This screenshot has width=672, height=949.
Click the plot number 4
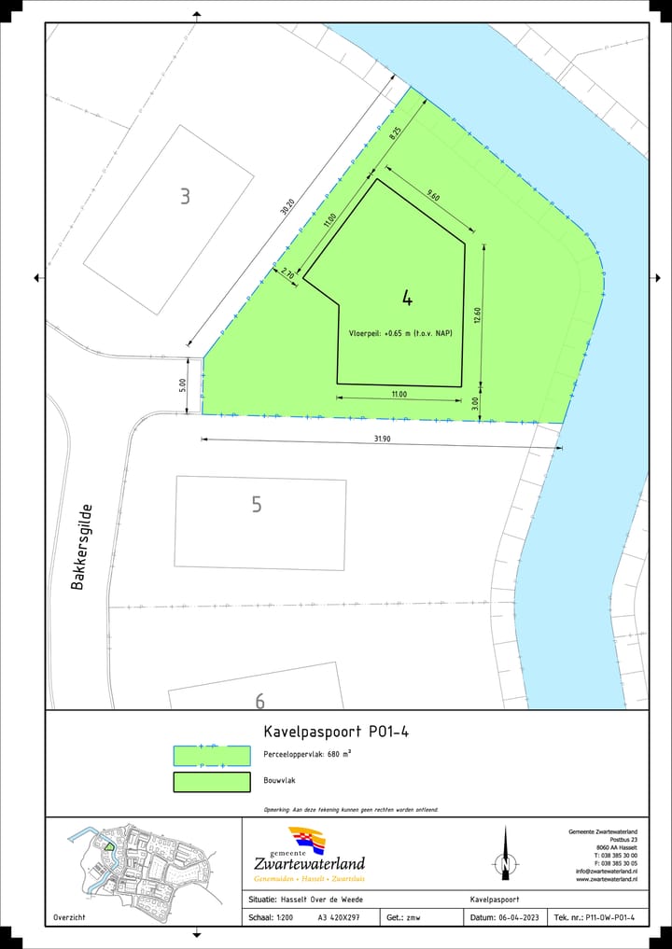[408, 299]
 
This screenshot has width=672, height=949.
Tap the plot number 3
[185, 196]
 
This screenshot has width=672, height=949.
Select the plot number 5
[257, 505]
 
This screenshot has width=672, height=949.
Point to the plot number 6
[259, 701]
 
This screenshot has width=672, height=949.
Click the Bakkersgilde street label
[83, 547]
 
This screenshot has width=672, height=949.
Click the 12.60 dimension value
[477, 315]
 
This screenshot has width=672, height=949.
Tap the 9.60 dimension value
[432, 195]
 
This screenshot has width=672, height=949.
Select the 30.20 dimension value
[286, 208]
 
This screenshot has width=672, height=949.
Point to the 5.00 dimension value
[183, 384]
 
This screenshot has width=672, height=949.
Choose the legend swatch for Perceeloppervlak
[212, 755]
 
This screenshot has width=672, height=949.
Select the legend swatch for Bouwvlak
[212, 782]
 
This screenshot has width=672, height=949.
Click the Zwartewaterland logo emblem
[308, 840]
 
